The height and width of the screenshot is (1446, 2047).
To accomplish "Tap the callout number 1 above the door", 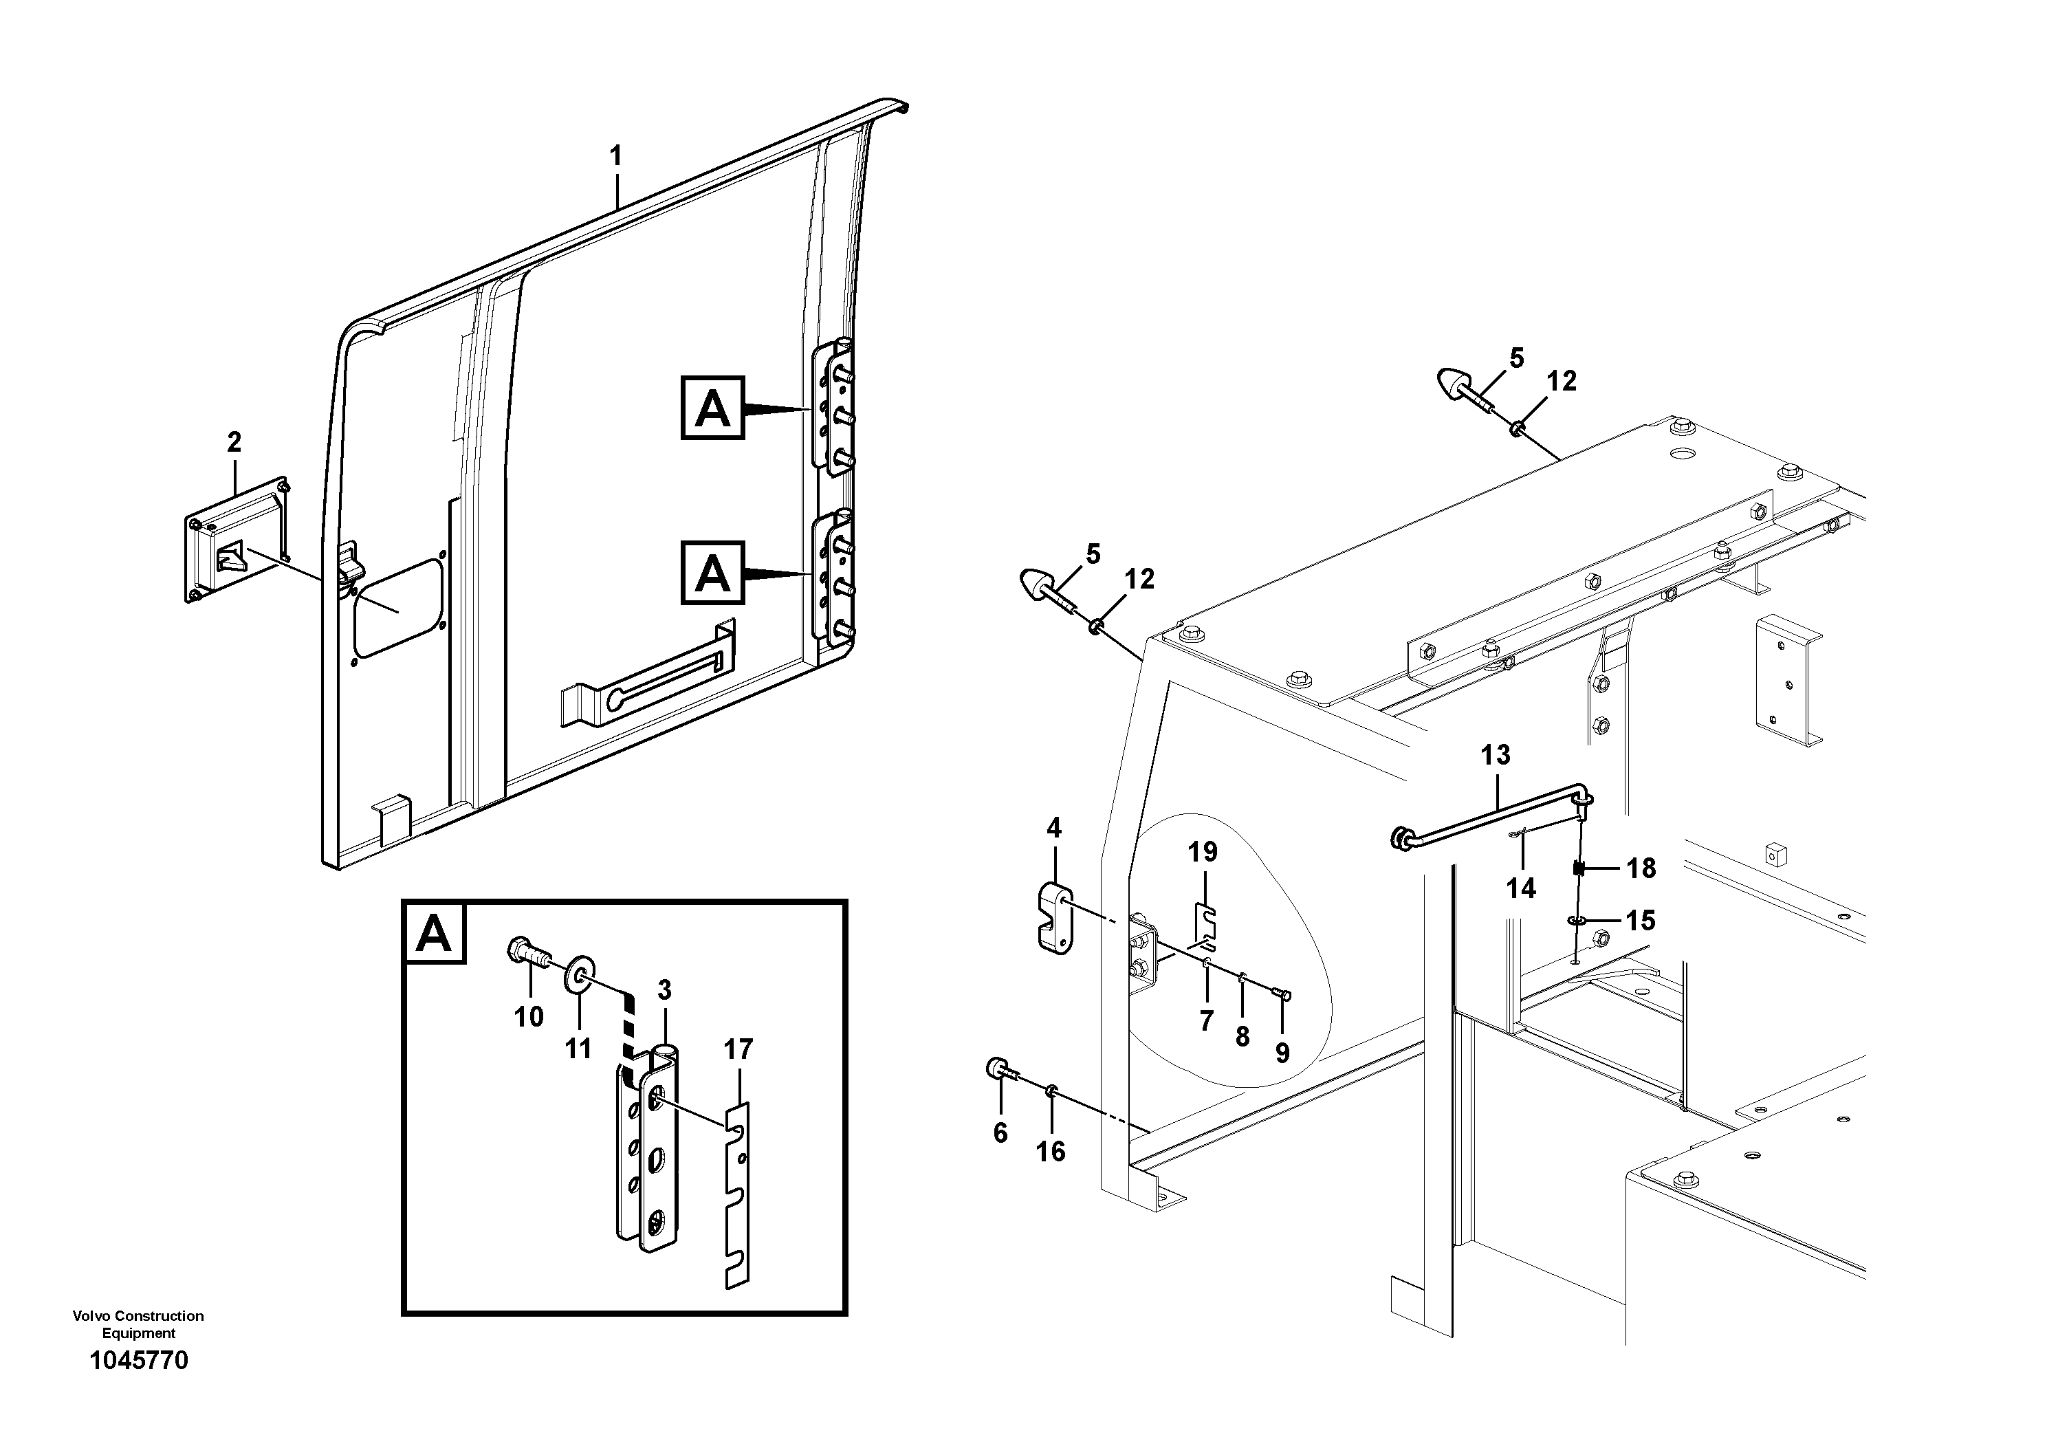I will tap(615, 157).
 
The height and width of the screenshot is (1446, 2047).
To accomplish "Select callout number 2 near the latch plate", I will tap(234, 441).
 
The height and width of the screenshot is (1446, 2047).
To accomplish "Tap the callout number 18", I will tap(1641, 868).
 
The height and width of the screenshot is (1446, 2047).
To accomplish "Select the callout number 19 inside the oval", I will tap(1203, 851).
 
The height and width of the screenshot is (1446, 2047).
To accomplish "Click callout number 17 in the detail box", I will tap(738, 1049).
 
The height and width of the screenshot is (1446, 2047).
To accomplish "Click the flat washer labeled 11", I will tap(580, 971).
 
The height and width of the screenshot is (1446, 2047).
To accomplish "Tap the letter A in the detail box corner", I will tap(434, 933).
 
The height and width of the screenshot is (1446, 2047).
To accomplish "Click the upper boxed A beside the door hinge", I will tap(712, 408).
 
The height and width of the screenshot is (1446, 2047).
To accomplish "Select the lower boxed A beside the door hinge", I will tap(712, 573).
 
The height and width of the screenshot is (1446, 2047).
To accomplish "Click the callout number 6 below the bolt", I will tap(1000, 1132).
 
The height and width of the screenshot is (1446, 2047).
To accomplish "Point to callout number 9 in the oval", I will tap(1282, 1053).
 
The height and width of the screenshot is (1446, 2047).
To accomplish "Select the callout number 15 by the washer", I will tap(1641, 920).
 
